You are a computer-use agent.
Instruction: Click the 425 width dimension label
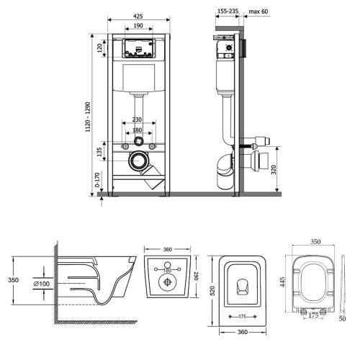click(x=138, y=17)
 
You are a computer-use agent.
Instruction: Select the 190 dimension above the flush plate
click(x=138, y=25)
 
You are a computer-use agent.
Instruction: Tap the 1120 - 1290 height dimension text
click(x=88, y=117)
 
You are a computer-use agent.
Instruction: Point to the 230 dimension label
click(x=137, y=120)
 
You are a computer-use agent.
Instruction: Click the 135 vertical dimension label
click(x=99, y=152)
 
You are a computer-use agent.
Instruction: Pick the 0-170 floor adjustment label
click(x=97, y=180)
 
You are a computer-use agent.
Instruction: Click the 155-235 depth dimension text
click(x=228, y=11)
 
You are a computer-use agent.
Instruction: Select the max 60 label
click(x=258, y=12)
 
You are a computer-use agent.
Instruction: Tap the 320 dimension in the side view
click(x=274, y=169)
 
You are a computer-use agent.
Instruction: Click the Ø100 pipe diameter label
click(x=42, y=284)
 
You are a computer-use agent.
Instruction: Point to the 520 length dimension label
click(x=212, y=291)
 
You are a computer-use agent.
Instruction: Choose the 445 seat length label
click(x=282, y=282)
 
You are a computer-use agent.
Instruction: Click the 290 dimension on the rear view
click(x=196, y=276)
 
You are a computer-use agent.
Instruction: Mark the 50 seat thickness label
click(x=343, y=318)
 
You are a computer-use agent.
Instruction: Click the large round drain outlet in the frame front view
click(x=138, y=161)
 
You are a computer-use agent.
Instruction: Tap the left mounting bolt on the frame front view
click(x=125, y=146)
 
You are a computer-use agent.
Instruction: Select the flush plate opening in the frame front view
click(x=138, y=48)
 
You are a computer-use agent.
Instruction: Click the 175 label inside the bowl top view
click(x=243, y=317)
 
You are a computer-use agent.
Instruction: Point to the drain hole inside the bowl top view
click(x=243, y=287)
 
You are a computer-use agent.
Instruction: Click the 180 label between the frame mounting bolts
click(x=137, y=130)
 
